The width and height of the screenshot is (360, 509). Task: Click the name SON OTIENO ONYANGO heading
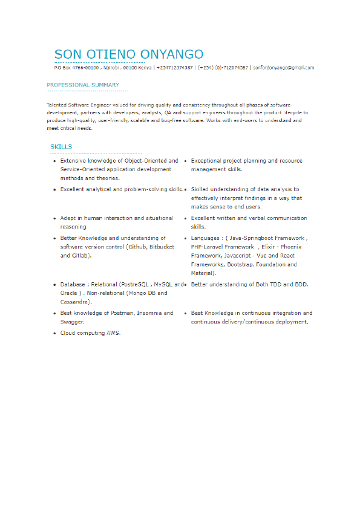click(129, 54)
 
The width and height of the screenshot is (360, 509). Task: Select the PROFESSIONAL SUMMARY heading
click(83, 85)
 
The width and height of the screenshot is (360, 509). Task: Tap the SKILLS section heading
click(61, 147)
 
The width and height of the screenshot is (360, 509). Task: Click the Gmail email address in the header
click(284, 68)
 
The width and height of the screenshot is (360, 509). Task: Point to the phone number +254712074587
click(174, 68)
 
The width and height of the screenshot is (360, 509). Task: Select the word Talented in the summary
click(57, 105)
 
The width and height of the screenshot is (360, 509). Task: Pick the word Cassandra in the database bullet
click(75, 301)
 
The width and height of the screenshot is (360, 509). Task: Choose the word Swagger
click(72, 322)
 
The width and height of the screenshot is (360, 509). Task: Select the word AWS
click(113, 333)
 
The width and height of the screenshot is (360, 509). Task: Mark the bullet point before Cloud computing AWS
click(54, 334)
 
